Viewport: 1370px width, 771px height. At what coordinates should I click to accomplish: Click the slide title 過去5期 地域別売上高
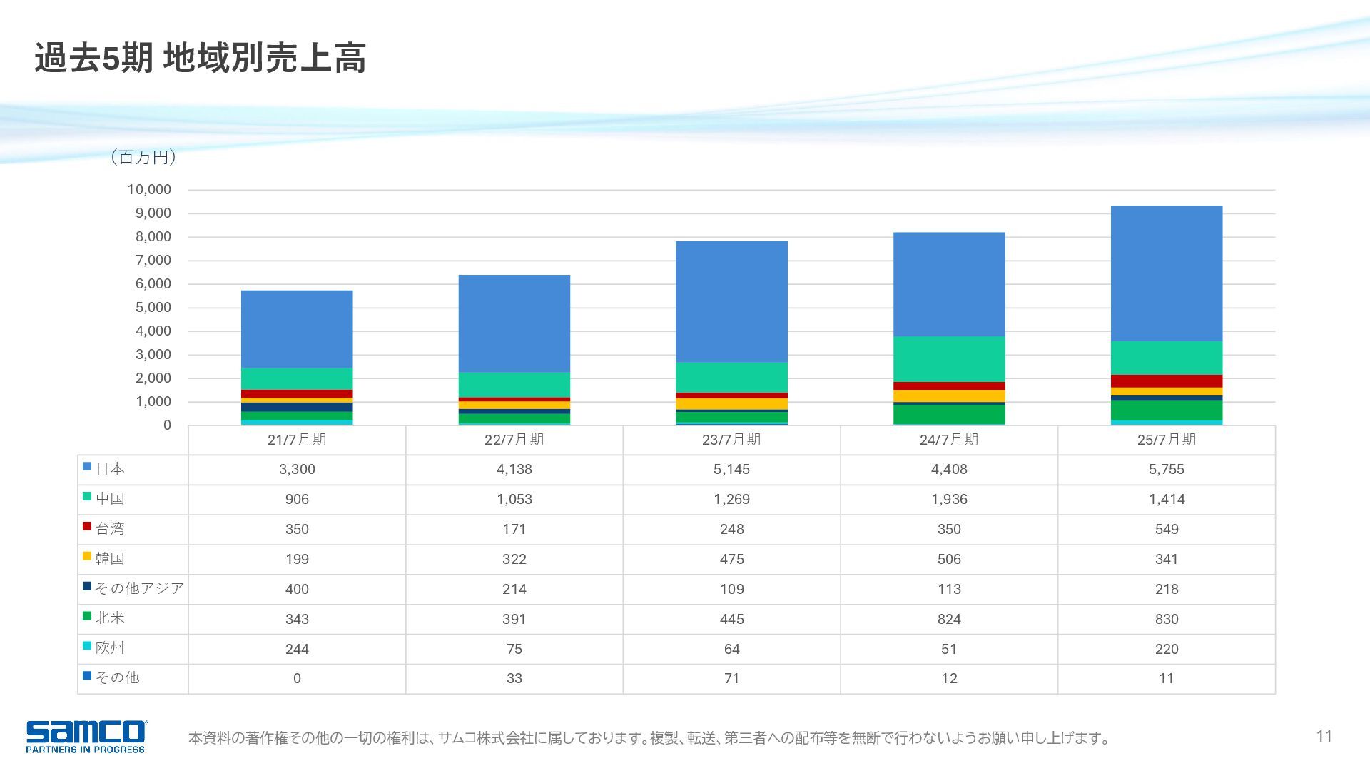pyautogui.click(x=200, y=59)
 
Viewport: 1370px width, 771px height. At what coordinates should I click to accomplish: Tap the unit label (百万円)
pyautogui.click(x=143, y=157)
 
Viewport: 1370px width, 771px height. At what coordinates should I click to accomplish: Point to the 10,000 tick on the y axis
pyautogui.click(x=149, y=189)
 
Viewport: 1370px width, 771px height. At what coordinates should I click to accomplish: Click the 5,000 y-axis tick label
pyautogui.click(x=149, y=307)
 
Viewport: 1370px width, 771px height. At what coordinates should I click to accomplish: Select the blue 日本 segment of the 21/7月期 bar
pyautogui.click(x=297, y=328)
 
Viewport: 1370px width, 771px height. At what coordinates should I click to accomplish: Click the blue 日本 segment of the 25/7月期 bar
pyautogui.click(x=1166, y=273)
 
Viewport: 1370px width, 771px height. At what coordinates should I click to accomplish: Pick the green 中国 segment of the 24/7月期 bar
pyautogui.click(x=949, y=359)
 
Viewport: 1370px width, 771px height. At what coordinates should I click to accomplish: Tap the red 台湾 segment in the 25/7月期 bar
pyautogui.click(x=1166, y=381)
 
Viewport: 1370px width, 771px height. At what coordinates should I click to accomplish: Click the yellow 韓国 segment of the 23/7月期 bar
pyautogui.click(x=731, y=404)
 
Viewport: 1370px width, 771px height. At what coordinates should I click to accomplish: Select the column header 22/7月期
pyautogui.click(x=514, y=440)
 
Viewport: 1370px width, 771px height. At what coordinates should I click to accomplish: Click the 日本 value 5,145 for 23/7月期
pyautogui.click(x=731, y=470)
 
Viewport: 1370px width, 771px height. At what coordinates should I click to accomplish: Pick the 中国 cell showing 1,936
pyautogui.click(x=949, y=500)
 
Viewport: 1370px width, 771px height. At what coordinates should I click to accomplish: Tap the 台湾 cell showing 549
pyautogui.click(x=1166, y=530)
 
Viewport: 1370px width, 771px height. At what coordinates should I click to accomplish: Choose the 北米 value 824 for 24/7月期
pyautogui.click(x=949, y=619)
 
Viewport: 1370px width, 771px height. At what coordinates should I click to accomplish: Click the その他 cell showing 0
pyautogui.click(x=297, y=679)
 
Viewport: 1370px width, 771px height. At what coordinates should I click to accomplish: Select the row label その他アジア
pyautogui.click(x=140, y=588)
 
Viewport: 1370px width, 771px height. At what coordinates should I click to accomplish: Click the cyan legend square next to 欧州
pyautogui.click(x=87, y=646)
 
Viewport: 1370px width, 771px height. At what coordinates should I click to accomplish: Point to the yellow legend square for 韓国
pyautogui.click(x=87, y=556)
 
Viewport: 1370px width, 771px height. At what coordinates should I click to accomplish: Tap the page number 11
pyautogui.click(x=1324, y=736)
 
